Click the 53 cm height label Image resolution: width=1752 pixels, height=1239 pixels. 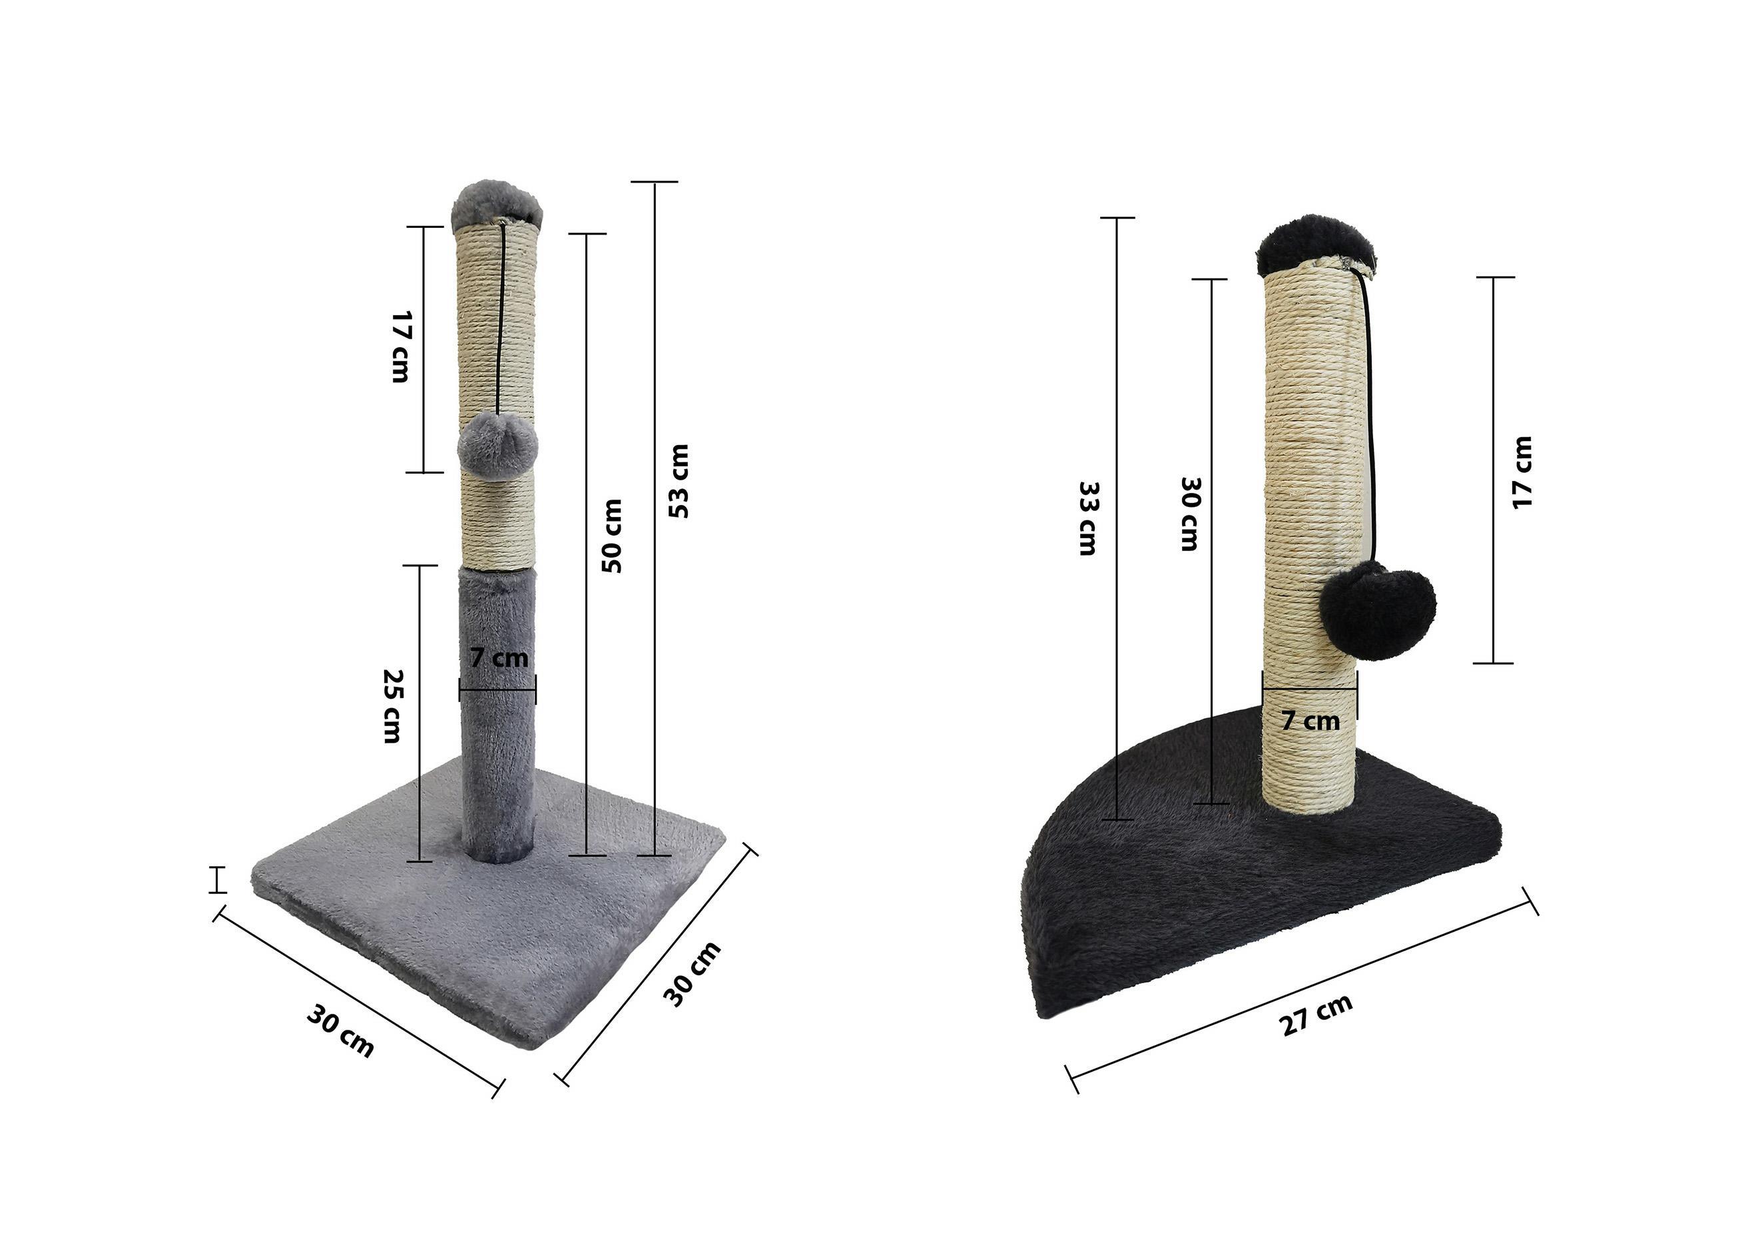click(679, 481)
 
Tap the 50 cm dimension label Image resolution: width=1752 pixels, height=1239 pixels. click(612, 536)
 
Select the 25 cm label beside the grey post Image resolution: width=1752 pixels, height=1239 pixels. click(392, 706)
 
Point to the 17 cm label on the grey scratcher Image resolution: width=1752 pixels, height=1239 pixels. click(401, 346)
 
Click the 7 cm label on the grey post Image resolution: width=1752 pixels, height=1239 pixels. click(499, 657)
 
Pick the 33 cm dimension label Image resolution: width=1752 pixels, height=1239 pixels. click(1087, 518)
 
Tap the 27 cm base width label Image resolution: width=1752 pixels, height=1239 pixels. click(1316, 1015)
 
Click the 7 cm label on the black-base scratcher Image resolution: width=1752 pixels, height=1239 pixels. click(1311, 720)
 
